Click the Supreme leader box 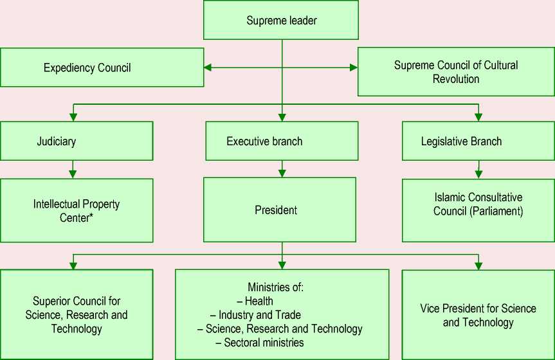(282, 21)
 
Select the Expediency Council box (102, 67)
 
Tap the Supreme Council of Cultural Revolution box (455, 71)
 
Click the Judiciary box (77, 141)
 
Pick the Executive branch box (282, 141)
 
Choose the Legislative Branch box (478, 141)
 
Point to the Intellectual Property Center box (77, 210)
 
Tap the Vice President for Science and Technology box (478, 315)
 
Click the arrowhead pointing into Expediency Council (208, 67)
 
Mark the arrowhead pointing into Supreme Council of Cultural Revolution (352, 67)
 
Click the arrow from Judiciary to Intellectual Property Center (73, 169)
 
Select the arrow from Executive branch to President (282, 169)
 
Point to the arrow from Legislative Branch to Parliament (478, 169)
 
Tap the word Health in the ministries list (259, 301)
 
